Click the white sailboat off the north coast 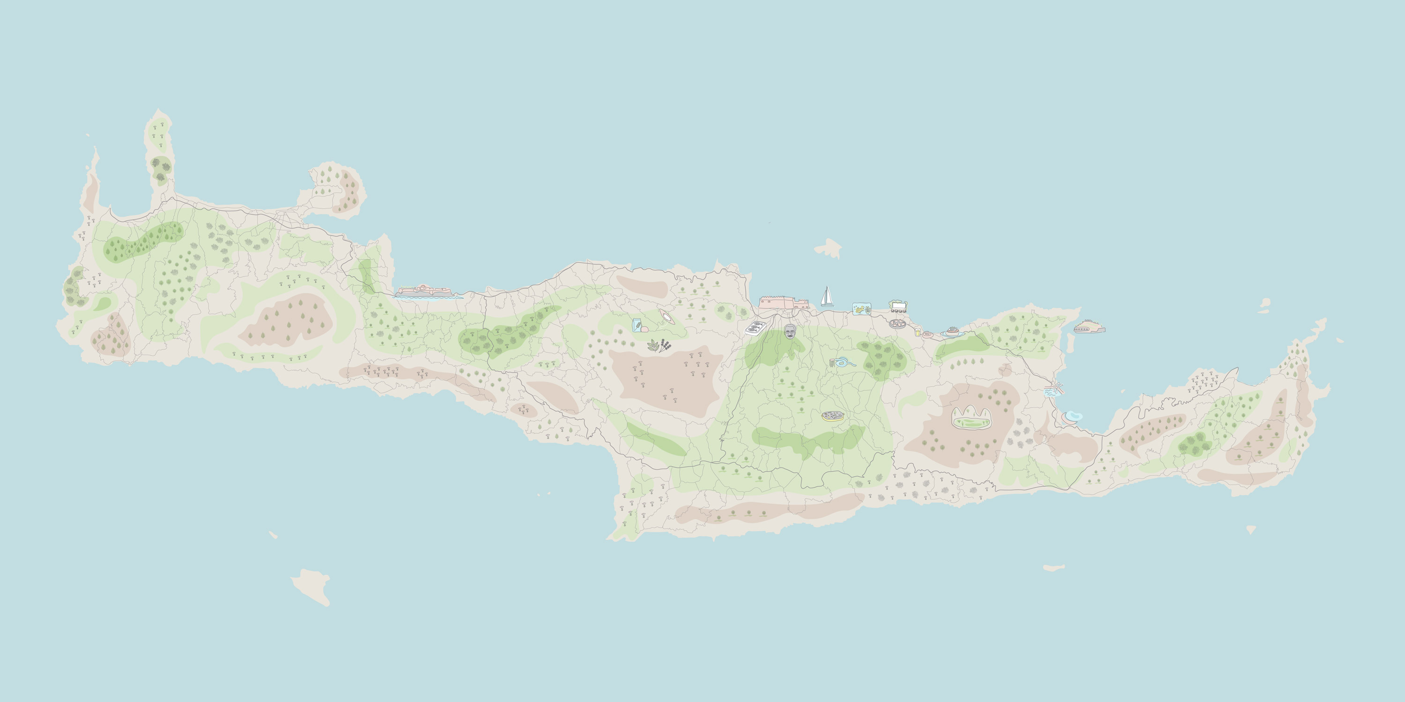click(x=828, y=297)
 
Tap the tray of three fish click(x=755, y=328)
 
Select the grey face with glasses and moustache click(x=790, y=331)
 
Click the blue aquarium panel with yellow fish click(x=862, y=309)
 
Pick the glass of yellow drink click(x=917, y=332)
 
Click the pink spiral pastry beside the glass click(x=927, y=334)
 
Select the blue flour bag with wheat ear click(x=636, y=325)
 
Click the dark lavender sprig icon click(x=665, y=345)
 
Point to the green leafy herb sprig click(x=653, y=344)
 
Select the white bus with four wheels click(x=898, y=306)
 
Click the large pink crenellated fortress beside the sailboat click(x=783, y=303)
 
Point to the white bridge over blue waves click(x=1053, y=390)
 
